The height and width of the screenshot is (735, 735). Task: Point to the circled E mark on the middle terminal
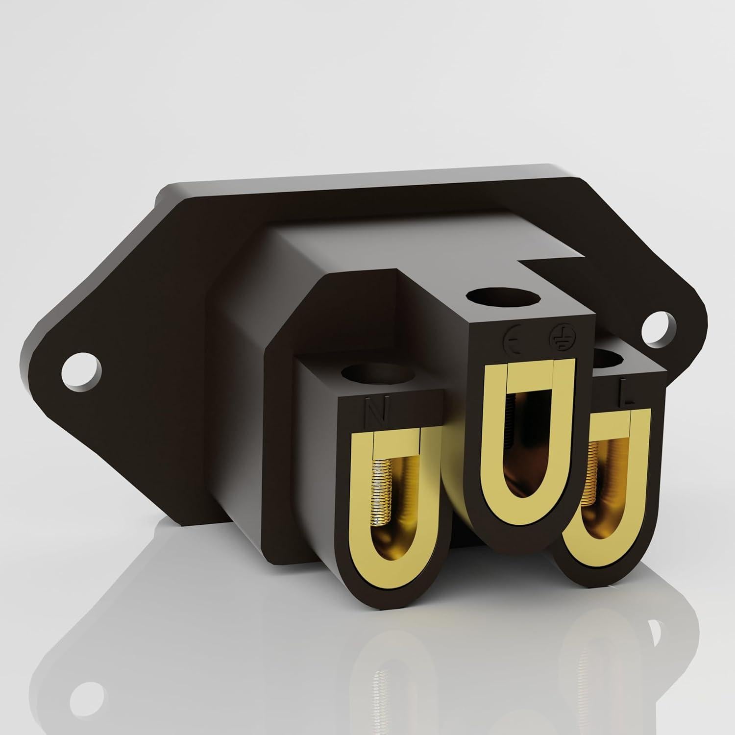(512, 336)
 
